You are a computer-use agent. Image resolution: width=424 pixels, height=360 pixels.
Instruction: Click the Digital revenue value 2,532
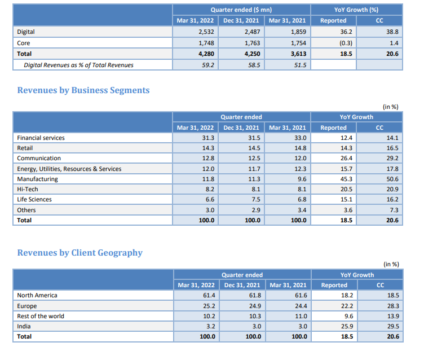point(205,32)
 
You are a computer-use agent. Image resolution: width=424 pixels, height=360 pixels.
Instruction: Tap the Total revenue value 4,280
point(205,54)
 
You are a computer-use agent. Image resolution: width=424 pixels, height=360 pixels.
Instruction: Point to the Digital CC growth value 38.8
point(391,32)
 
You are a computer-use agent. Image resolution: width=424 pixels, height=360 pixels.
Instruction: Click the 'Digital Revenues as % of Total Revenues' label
point(78,65)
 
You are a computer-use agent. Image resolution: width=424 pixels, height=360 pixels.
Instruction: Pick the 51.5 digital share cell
point(299,65)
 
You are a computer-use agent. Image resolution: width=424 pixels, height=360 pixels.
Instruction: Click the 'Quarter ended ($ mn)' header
point(241,10)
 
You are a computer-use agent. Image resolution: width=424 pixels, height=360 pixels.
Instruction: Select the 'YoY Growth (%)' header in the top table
point(356,10)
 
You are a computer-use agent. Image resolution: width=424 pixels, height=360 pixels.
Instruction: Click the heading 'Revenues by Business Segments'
point(83,90)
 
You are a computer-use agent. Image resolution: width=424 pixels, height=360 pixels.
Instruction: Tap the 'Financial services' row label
point(41,138)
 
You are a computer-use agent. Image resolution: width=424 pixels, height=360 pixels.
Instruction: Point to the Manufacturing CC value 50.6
point(391,179)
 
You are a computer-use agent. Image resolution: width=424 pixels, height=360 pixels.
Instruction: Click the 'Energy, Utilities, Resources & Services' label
point(69,169)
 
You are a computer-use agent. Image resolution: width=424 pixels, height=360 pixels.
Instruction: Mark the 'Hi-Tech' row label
point(28,189)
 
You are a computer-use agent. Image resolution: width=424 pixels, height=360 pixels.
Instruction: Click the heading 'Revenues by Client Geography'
point(79,253)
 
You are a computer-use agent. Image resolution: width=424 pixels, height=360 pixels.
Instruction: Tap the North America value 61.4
point(208,295)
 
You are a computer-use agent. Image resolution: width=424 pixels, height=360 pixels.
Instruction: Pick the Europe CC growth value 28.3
point(391,306)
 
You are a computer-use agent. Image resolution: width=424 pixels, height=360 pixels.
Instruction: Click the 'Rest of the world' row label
point(41,316)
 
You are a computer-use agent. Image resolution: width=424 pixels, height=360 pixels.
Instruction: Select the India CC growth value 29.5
point(391,326)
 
